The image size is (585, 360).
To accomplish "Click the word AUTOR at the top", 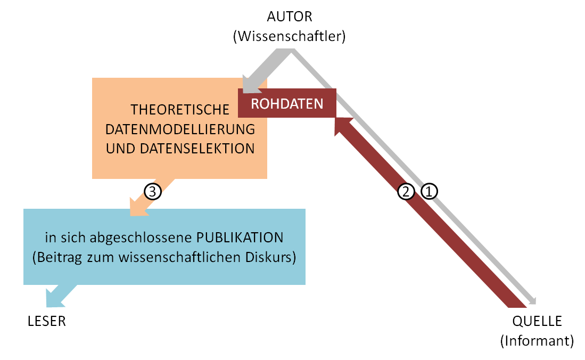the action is point(290,17).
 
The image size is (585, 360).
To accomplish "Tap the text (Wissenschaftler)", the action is point(290,36).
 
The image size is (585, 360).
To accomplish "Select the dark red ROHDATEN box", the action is point(287,103).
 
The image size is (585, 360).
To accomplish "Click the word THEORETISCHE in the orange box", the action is point(180,110).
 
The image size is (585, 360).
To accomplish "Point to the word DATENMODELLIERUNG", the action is point(180,129).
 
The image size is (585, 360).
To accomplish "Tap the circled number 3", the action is point(153,192).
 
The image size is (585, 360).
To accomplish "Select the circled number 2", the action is point(406,192).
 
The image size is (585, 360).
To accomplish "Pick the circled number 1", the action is point(429,192).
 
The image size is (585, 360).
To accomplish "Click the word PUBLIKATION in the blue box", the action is point(240,238).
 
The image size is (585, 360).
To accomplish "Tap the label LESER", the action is point(47,322).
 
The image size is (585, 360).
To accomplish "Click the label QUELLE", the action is point(537,322).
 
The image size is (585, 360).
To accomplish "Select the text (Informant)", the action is point(537,341).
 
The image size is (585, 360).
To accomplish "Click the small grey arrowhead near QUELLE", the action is point(533,301).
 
